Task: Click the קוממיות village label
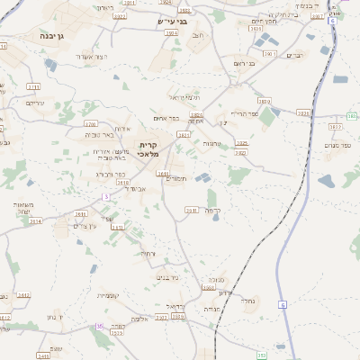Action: click(x=107, y=295)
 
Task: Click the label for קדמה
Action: click(x=212, y=210)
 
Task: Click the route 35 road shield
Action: click(x=99, y=327)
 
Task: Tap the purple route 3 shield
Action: click(x=106, y=196)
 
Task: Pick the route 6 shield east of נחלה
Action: click(x=282, y=304)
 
